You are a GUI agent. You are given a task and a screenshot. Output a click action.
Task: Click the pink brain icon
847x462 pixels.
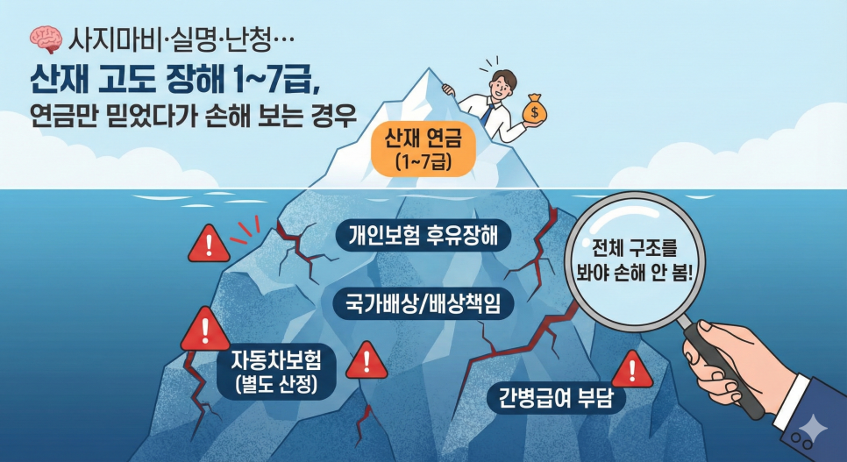pos(46,40)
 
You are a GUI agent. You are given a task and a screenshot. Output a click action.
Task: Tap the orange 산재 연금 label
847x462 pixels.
pos(423,149)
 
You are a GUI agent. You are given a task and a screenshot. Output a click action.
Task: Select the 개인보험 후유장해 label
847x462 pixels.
pos(423,236)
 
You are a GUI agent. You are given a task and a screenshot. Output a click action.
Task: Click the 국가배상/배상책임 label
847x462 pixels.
pos(423,303)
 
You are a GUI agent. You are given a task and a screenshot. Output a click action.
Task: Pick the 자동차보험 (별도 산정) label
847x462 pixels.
pos(276,371)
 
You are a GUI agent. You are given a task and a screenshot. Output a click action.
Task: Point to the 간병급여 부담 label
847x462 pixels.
pos(556,398)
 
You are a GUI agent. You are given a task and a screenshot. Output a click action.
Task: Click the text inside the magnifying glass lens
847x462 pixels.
pos(634,260)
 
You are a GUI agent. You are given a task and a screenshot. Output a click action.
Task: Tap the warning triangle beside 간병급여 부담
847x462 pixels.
pos(632,370)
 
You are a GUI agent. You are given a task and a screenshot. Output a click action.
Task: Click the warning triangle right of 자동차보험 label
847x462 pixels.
pos(367,360)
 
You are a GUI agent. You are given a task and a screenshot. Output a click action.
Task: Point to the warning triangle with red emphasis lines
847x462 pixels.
pos(209,245)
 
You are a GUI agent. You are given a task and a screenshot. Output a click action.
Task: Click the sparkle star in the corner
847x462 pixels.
pos(813,430)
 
